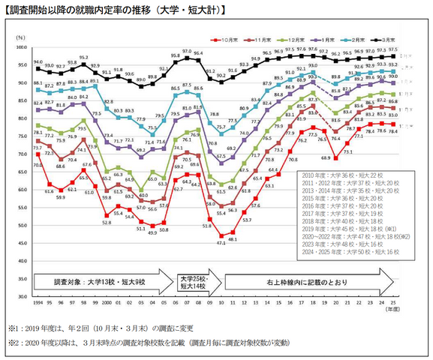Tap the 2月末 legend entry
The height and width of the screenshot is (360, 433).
(353, 36)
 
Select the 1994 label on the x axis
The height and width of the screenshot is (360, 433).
(37, 304)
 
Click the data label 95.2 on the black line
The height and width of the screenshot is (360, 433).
(83, 57)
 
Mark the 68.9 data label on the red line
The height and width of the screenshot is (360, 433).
(326, 158)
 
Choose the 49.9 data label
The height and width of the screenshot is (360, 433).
(152, 233)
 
